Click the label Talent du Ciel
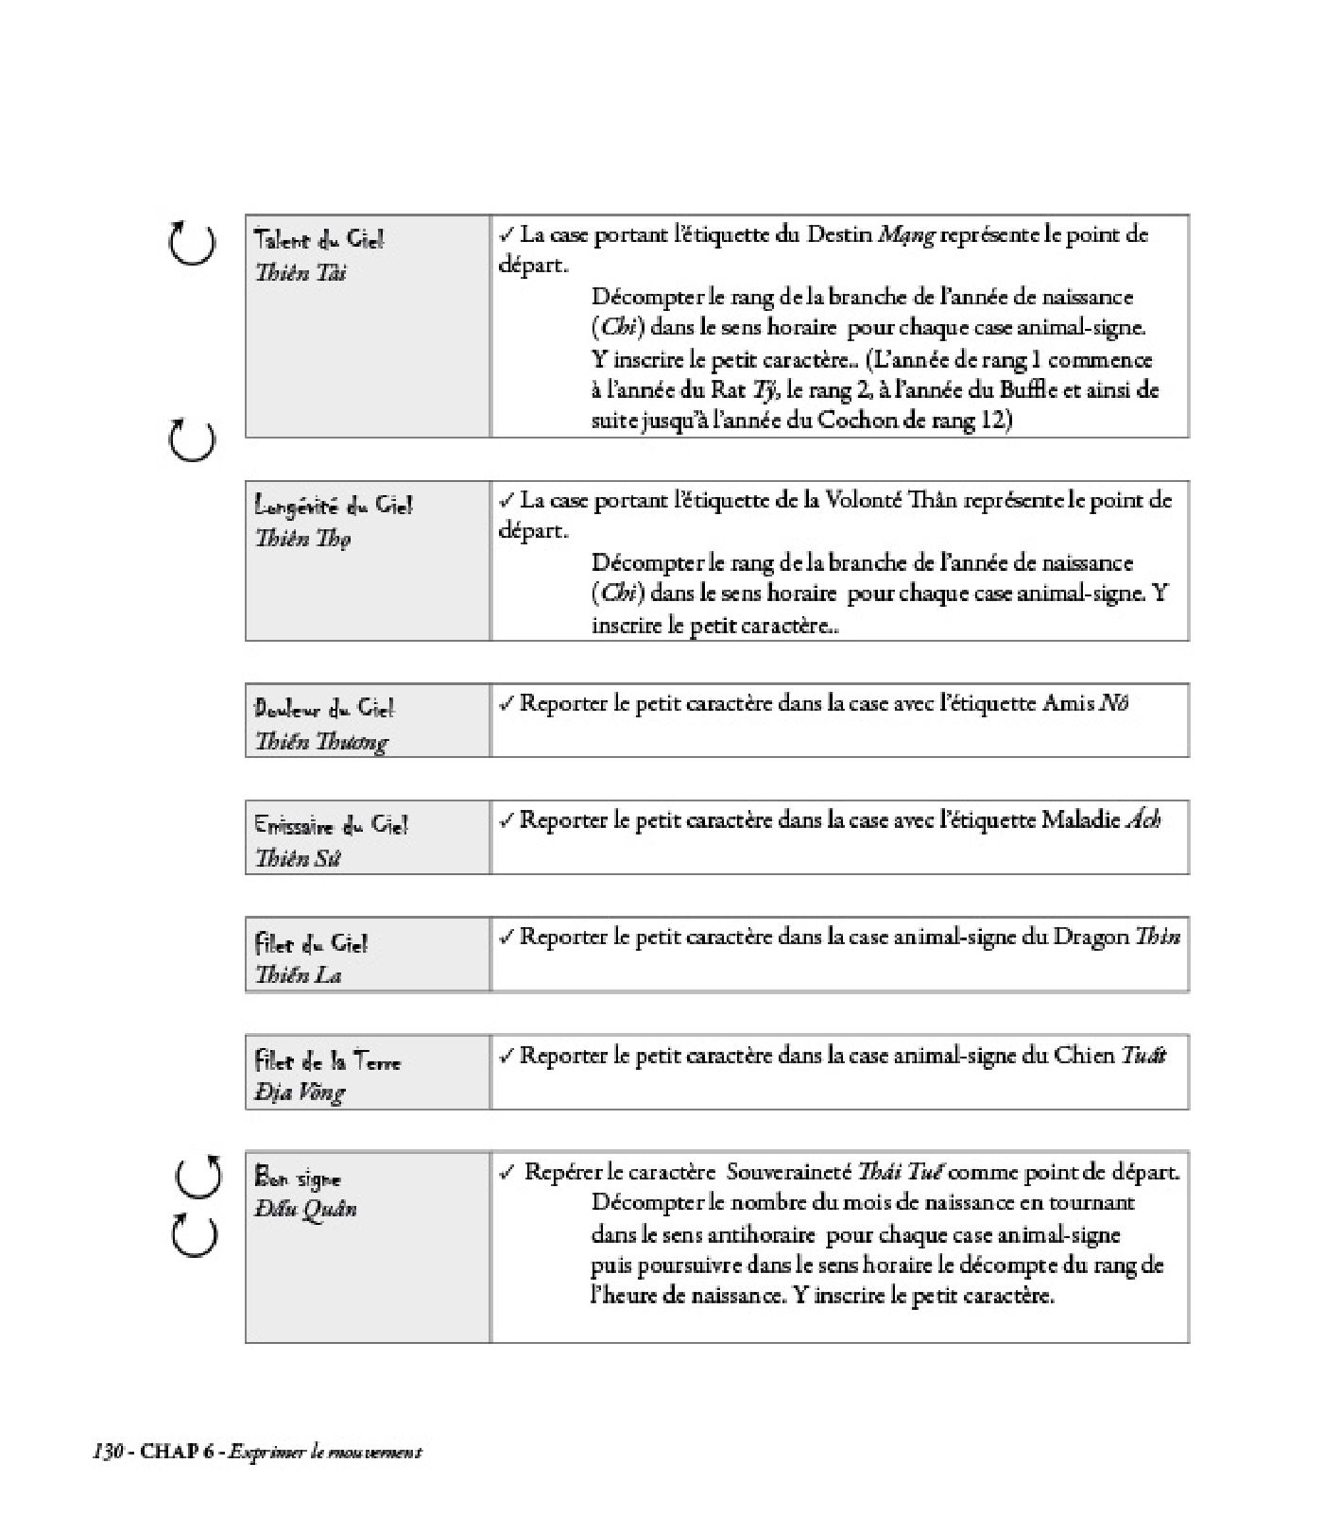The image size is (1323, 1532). point(318,240)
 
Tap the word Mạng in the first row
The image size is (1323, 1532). point(905,235)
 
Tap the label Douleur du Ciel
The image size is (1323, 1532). point(323,708)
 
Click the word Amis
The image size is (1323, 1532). point(1068,704)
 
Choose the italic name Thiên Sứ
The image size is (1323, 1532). point(297,858)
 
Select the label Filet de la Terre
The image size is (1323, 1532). point(327,1060)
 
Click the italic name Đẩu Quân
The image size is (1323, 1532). point(305,1209)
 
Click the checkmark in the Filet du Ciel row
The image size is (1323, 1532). point(506,937)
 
